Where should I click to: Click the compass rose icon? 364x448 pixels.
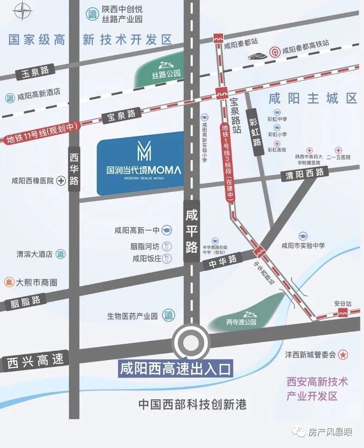tap(22, 10)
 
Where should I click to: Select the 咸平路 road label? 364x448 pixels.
tap(192, 232)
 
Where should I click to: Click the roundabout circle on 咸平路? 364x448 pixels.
tap(191, 343)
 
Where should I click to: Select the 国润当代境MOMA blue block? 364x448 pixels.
tap(141, 162)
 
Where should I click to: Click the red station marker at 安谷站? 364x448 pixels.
tap(342, 313)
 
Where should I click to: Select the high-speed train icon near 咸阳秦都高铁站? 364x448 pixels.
tap(257, 54)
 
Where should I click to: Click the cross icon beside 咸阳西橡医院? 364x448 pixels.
tap(61, 181)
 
